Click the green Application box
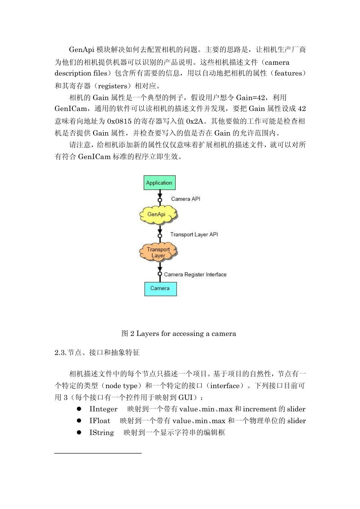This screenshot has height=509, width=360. [159, 183]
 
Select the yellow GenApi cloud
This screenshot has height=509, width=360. [157, 215]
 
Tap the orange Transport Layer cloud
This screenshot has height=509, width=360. [158, 252]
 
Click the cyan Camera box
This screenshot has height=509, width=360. [160, 289]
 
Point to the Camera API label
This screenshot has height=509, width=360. [186, 199]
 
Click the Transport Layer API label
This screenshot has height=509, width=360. [194, 234]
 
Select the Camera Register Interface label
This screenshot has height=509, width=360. [195, 274]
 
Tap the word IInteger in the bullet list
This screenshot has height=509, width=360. [103, 409]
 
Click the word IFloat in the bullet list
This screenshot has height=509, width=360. [100, 421]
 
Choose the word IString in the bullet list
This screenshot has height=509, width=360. [102, 432]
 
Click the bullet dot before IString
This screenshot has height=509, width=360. [79, 432]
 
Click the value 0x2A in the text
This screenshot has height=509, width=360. [196, 121]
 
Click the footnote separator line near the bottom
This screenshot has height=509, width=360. [98, 453]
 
